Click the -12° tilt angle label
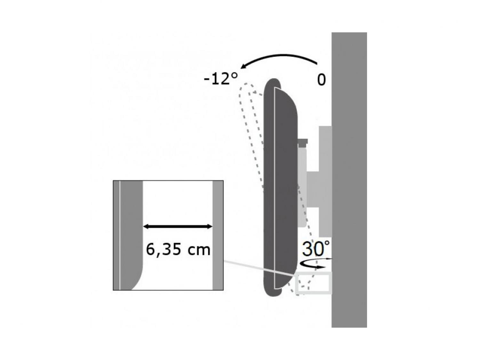220,79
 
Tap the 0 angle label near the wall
321,80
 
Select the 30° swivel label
316,248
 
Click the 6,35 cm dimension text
178,250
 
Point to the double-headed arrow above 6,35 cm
178,227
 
